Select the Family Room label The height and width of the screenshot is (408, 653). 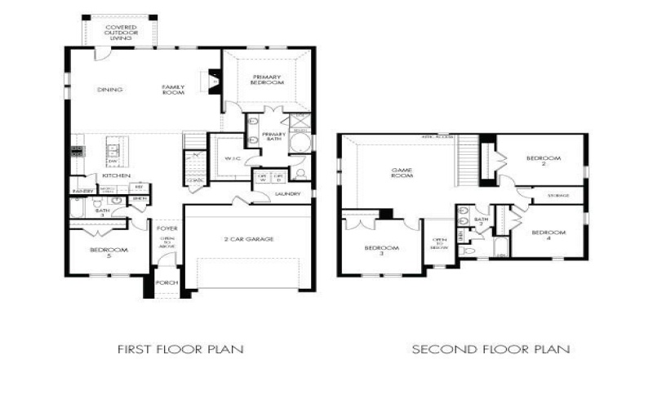tap(173, 91)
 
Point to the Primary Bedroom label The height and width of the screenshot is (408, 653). tap(267, 80)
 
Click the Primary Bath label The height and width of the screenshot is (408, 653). tap(273, 136)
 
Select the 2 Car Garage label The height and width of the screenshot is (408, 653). tap(248, 239)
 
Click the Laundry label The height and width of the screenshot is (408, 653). tap(288, 194)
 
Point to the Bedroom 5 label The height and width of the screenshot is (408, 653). tap(108, 253)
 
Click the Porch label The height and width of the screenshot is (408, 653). tap(167, 282)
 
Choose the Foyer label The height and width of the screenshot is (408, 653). tap(167, 229)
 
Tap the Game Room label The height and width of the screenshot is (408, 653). tap(402, 172)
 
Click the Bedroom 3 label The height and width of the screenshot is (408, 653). tap(380, 251)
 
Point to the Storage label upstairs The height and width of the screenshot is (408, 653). tap(558, 196)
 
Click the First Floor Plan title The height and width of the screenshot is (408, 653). tap(180, 349)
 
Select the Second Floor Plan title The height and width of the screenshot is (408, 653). tap(491, 349)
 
